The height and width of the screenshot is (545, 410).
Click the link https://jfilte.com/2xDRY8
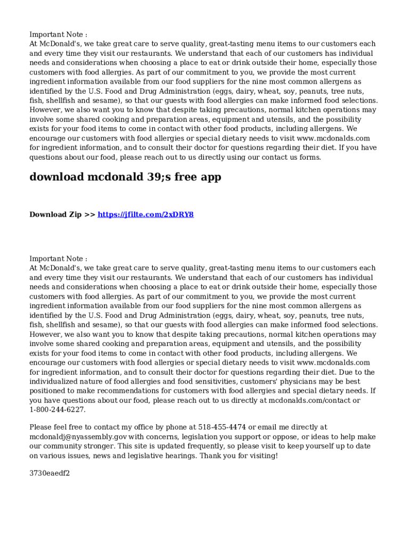(145, 214)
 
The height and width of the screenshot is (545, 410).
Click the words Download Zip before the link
(55, 214)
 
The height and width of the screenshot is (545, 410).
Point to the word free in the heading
(183, 177)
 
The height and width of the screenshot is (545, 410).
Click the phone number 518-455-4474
(222, 427)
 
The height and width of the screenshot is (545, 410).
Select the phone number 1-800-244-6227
(57, 410)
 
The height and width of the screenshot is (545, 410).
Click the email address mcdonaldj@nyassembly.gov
(78, 436)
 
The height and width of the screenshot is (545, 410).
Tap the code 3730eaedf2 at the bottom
(50, 473)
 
